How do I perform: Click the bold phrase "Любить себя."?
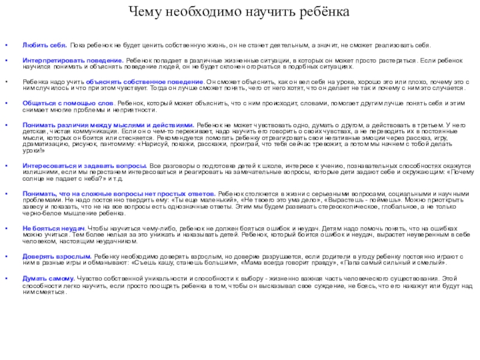44,45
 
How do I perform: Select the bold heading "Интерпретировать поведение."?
73,62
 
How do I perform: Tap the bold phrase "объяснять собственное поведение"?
145,82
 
